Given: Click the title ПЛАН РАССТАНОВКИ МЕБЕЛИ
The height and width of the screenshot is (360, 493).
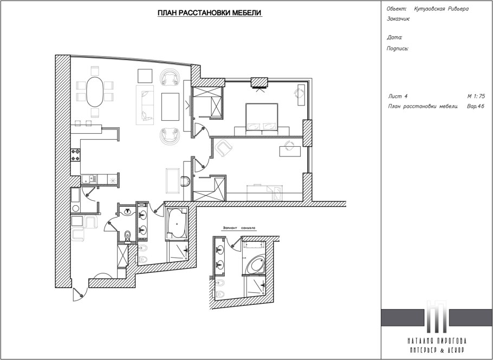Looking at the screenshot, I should pyautogui.click(x=210, y=12).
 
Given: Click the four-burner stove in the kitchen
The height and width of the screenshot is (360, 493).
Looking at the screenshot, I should pyautogui.click(x=75, y=156).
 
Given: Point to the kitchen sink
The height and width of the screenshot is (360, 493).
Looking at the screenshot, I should pyautogui.click(x=92, y=178).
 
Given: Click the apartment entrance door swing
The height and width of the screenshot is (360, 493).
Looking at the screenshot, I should pyautogui.click(x=79, y=292).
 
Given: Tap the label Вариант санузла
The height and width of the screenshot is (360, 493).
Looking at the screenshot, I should pyautogui.click(x=239, y=229).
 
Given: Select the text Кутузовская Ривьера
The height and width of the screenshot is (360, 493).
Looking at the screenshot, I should pyautogui.click(x=441, y=9).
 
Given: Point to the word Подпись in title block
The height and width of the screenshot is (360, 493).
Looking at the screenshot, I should pyautogui.click(x=398, y=48).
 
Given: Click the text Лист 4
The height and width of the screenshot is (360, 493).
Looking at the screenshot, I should pyautogui.click(x=398, y=96).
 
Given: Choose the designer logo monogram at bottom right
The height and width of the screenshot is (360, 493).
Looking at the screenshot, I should pyautogui.click(x=436, y=316).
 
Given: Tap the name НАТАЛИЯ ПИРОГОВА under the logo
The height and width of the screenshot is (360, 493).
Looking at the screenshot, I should pyautogui.click(x=436, y=341).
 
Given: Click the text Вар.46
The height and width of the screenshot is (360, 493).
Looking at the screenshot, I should pyautogui.click(x=475, y=107).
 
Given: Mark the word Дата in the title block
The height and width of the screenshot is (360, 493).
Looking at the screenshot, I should pyautogui.click(x=395, y=38).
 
